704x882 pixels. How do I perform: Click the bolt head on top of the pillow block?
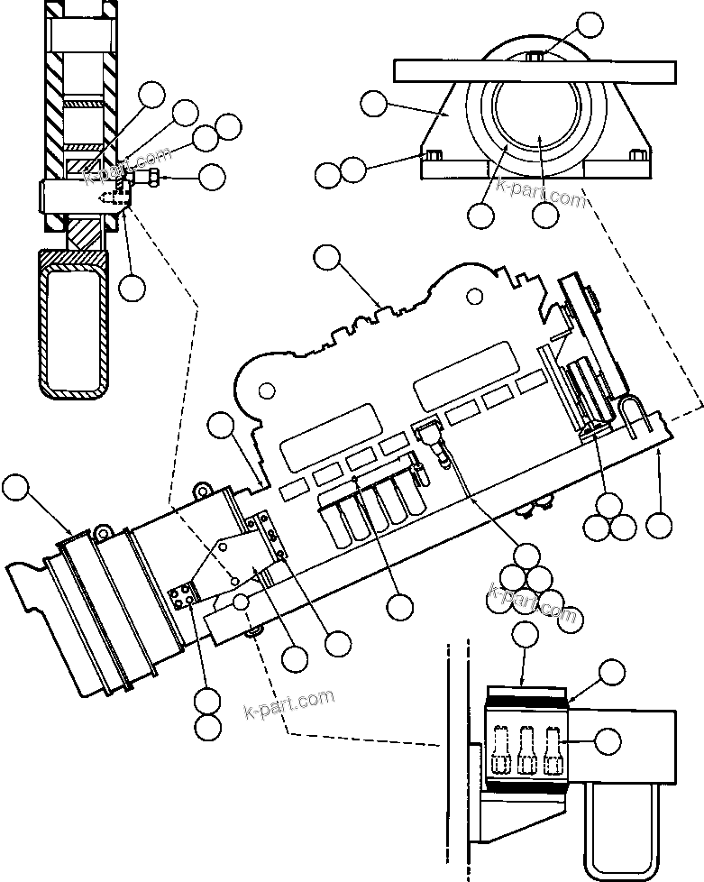tap(535, 58)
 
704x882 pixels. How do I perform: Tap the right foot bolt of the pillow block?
tap(641, 155)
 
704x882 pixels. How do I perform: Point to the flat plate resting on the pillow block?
tap(535, 69)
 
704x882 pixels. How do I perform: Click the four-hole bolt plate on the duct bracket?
tap(183, 596)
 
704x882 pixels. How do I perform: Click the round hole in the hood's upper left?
tap(268, 390)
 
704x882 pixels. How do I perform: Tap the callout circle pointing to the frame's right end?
tap(660, 526)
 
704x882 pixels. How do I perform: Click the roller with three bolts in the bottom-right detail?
tap(526, 745)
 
